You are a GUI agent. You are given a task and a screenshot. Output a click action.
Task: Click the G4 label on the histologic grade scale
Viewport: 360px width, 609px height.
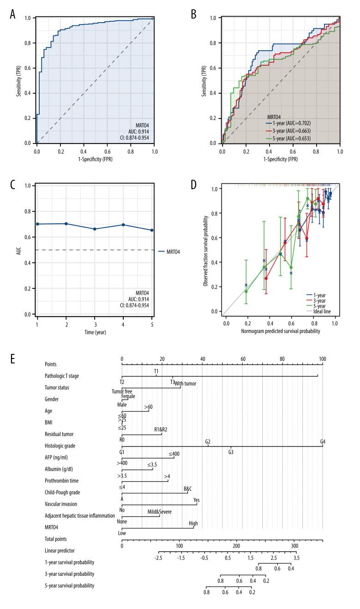tap(323, 442)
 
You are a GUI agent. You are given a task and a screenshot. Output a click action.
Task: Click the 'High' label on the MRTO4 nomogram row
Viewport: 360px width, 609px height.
tap(193, 524)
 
